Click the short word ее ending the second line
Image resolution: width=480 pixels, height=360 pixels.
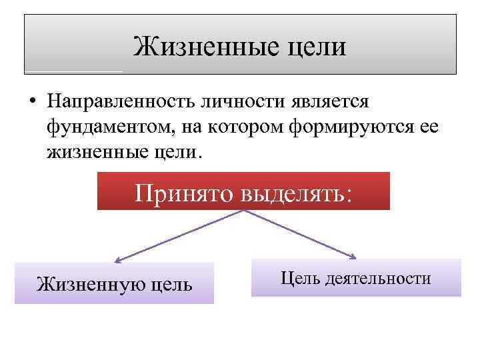point(428,127)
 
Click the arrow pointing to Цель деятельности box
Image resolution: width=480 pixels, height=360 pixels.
point(300,233)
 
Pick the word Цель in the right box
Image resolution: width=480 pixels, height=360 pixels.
point(301,278)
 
